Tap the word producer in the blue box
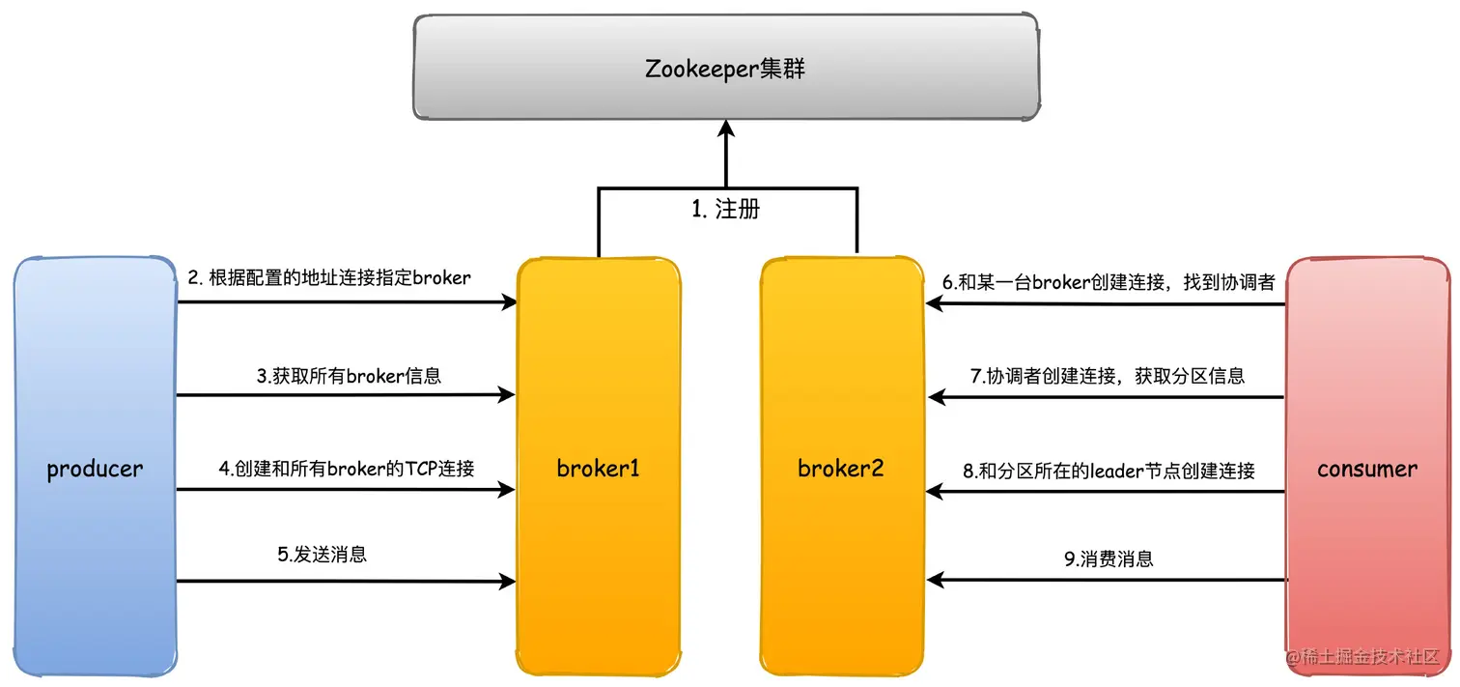click(x=95, y=470)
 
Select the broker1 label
click(x=599, y=470)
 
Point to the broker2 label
click(x=840, y=470)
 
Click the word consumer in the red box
click(x=1367, y=470)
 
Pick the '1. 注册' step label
click(x=725, y=209)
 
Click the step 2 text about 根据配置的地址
click(x=329, y=278)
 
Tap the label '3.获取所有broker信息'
click(x=349, y=376)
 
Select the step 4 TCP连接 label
click(x=347, y=469)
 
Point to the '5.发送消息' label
click(x=322, y=555)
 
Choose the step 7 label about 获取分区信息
click(x=1108, y=376)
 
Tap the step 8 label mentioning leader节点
click(x=1109, y=471)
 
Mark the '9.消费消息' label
click(x=1109, y=558)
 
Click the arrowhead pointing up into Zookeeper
click(x=726, y=129)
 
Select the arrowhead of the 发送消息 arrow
click(x=507, y=582)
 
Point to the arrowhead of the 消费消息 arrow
click(x=935, y=580)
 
